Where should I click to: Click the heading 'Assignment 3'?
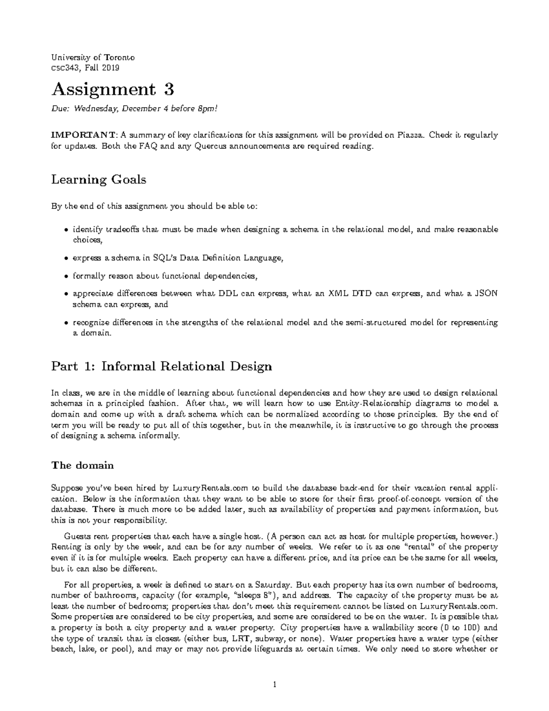tap(113, 89)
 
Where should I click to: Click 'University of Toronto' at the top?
tap(93, 58)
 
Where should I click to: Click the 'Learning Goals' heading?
tap(98, 179)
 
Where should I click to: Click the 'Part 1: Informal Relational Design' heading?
tap(161, 366)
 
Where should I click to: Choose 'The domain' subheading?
tap(82, 465)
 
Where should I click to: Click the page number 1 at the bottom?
tap(274, 685)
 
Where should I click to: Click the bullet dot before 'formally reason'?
tap(67, 277)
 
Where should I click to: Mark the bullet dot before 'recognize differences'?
tap(67, 323)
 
